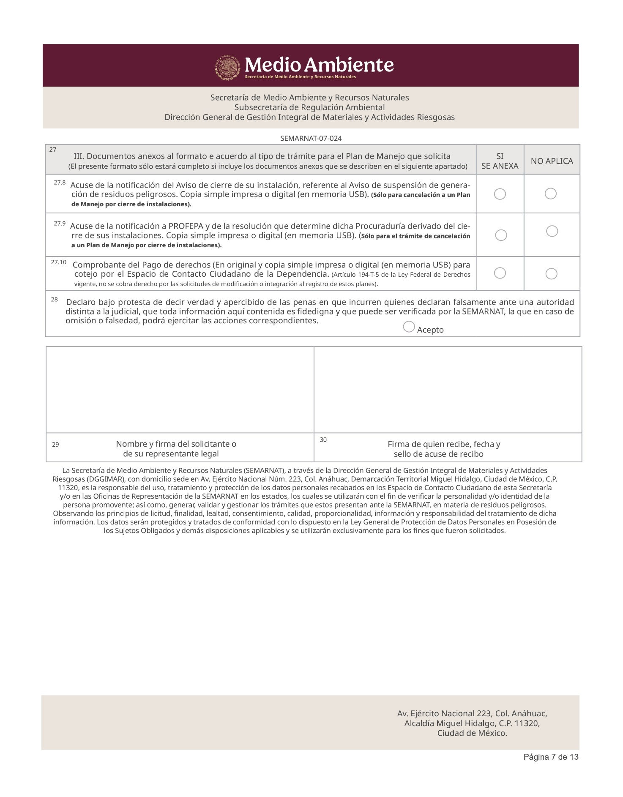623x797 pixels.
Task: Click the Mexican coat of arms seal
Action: tap(228, 67)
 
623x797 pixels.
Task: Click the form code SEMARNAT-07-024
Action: tap(311, 139)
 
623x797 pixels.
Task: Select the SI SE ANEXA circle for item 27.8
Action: tap(500, 194)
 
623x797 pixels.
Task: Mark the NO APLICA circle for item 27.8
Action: tap(550, 194)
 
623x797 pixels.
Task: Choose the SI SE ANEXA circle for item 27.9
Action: tap(501, 235)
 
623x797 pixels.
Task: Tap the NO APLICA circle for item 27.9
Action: tap(552, 231)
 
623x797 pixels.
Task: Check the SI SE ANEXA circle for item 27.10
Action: tap(500, 273)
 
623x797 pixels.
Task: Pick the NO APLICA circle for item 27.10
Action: tap(551, 274)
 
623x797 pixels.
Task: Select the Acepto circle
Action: tap(409, 327)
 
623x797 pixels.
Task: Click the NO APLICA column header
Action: tap(552, 161)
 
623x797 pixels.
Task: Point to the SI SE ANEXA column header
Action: tap(500, 161)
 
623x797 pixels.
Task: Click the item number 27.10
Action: tap(58, 262)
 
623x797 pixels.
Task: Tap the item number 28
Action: tap(55, 300)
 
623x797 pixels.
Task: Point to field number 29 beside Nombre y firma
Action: tap(55, 445)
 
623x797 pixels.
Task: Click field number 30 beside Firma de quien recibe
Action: tap(323, 440)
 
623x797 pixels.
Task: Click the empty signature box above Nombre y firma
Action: tap(180, 390)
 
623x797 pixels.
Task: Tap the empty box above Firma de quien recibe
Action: tap(448, 390)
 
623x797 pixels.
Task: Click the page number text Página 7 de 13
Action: tap(551, 769)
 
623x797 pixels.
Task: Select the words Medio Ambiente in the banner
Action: tap(319, 65)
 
